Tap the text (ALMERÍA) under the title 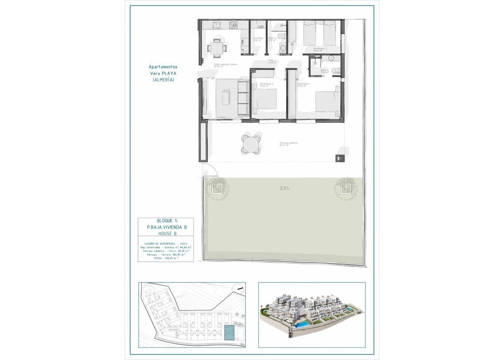pos(163,79)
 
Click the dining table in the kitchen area pos(218,48)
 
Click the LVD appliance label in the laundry pos(260,27)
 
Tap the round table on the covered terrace pos(252,145)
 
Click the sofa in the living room pos(243,97)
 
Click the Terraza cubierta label pos(288,144)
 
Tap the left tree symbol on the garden pos(216,187)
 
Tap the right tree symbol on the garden pos(345,187)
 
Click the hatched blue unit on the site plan pos(229,332)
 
